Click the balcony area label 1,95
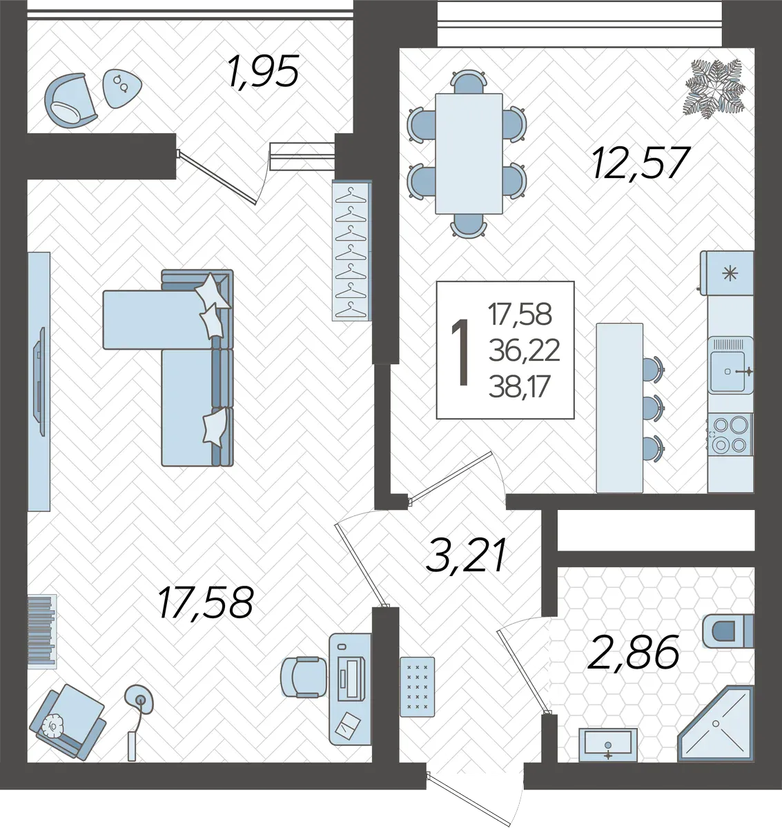(x=264, y=71)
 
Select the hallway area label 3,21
(x=466, y=555)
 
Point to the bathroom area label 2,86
(x=633, y=651)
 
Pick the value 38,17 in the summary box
(x=520, y=386)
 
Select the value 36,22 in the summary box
(x=524, y=351)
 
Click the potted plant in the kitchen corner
(x=714, y=88)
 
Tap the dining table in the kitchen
(x=469, y=153)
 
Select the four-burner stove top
(x=730, y=435)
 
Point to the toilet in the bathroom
(x=727, y=631)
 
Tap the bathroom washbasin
(x=607, y=745)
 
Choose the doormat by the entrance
(x=417, y=687)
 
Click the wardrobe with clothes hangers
(x=351, y=250)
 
